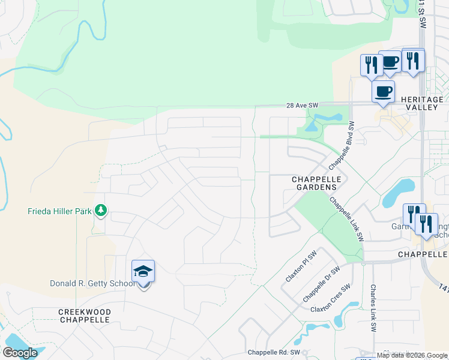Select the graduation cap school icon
coord(143,272)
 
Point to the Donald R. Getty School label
coord(92,283)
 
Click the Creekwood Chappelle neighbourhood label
coord(85,316)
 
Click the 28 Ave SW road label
coord(301,105)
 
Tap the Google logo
coord(20,353)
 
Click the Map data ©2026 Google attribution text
coord(412,355)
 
